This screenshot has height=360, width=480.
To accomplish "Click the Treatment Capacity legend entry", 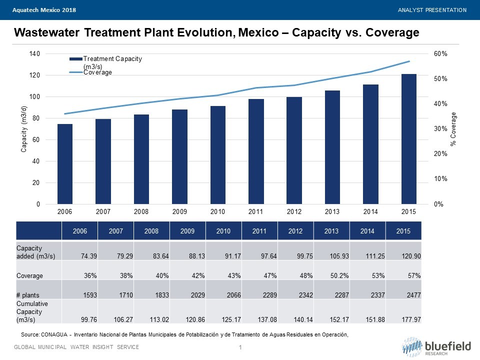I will click(x=112, y=62).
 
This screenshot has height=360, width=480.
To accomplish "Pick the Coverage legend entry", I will click(x=97, y=72).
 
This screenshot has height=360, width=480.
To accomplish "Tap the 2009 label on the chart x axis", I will click(x=179, y=212).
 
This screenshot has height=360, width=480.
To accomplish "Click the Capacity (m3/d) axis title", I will click(x=23, y=129).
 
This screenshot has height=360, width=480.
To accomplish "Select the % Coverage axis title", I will click(x=453, y=129).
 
